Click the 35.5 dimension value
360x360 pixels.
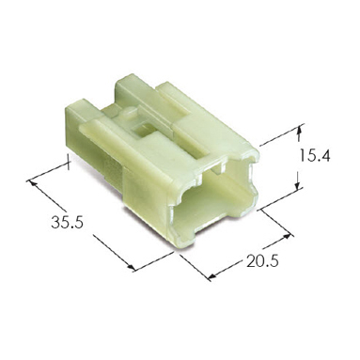[x=67, y=223]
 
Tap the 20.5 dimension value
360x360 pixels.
[x=262, y=261]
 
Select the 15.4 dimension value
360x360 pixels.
[x=315, y=155]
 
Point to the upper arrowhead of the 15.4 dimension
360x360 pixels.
[x=300, y=129]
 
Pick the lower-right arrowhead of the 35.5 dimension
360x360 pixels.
[x=131, y=266]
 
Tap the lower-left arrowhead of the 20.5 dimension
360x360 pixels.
[x=213, y=275]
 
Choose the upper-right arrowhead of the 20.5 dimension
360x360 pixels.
[x=288, y=237]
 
